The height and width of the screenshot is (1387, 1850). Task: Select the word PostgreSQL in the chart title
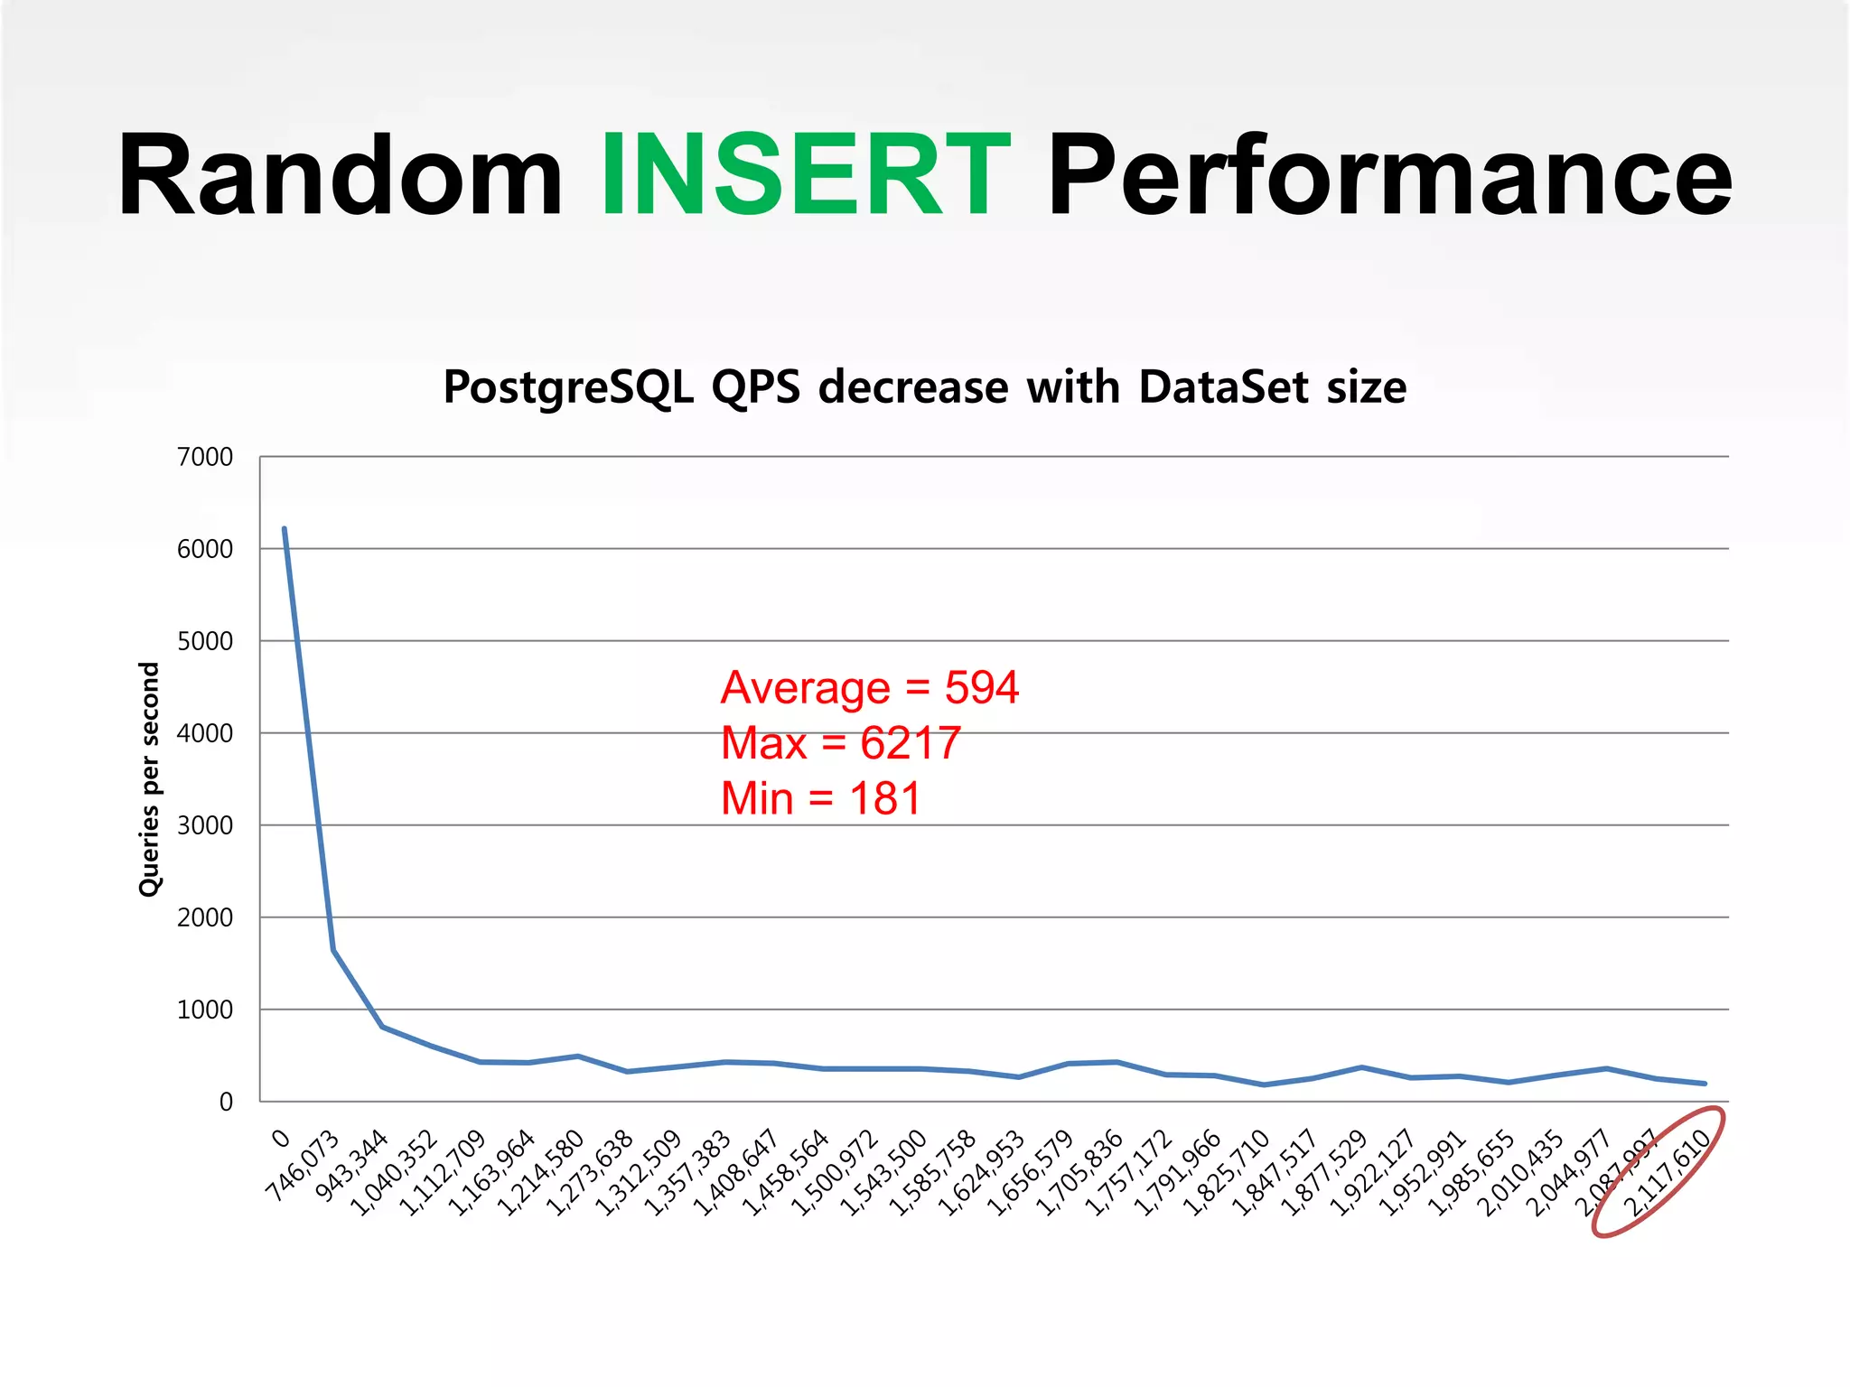[568, 387]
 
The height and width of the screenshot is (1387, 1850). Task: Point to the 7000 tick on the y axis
[205, 457]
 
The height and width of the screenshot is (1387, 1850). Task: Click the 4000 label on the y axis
[205, 733]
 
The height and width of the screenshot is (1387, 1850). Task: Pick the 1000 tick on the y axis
[205, 1010]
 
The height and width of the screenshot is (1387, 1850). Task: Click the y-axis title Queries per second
[149, 779]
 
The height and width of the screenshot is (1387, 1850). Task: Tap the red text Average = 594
[869, 688]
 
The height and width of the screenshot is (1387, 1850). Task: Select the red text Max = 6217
[840, 743]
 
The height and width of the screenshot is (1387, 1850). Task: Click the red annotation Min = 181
[820, 799]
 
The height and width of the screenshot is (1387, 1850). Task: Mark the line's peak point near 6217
[285, 529]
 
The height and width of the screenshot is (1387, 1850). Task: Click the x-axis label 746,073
[302, 1166]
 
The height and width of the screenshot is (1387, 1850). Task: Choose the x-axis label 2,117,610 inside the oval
[1667, 1173]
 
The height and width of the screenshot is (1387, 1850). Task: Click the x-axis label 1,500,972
[833, 1173]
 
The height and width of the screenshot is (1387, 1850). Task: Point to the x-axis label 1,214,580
[539, 1173]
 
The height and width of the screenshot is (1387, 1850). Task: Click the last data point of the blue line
[1704, 1084]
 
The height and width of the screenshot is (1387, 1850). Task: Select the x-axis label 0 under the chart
[281, 1139]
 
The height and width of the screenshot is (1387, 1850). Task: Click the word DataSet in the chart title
[1223, 387]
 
